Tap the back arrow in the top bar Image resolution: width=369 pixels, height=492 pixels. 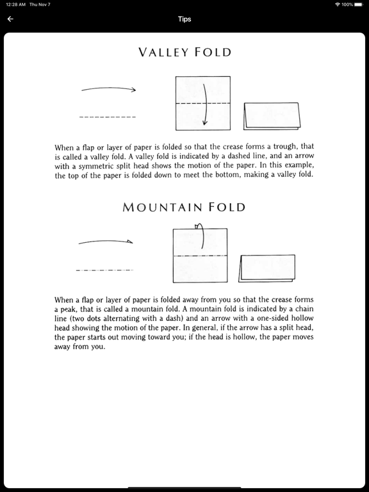(x=10, y=19)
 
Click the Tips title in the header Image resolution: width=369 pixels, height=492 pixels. (x=184, y=19)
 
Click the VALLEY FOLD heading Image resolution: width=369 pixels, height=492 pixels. (x=184, y=53)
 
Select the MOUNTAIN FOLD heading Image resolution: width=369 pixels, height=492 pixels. (x=184, y=207)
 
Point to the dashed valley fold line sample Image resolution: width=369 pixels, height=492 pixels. (x=108, y=117)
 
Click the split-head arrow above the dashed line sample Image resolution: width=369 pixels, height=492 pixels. (x=109, y=89)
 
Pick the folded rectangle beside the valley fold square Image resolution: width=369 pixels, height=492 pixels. (x=272, y=115)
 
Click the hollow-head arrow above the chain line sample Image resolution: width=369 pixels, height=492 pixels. (x=106, y=242)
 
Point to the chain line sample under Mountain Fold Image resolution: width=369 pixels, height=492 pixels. (x=104, y=270)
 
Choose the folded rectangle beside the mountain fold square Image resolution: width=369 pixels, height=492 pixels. (x=267, y=268)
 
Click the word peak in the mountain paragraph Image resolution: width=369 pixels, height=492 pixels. (x=72, y=309)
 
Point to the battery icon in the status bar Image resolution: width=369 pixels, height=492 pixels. (x=359, y=4)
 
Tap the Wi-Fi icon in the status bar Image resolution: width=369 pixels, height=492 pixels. (x=337, y=4)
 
